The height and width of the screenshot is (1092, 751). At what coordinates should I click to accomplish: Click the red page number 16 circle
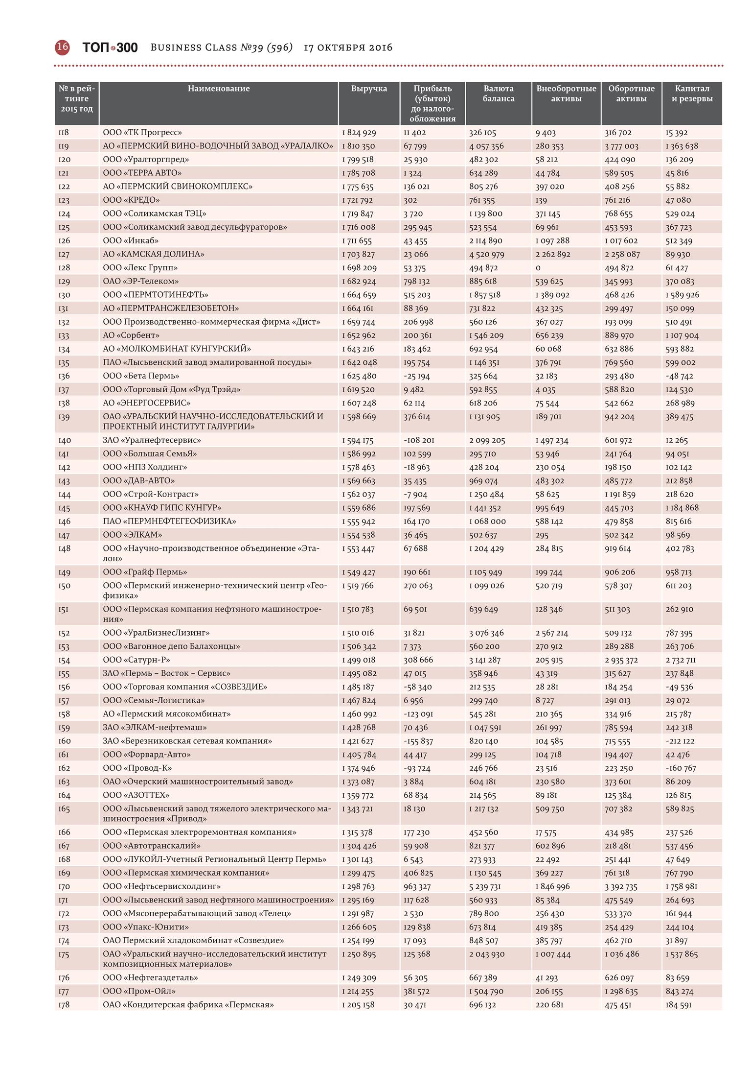click(62, 47)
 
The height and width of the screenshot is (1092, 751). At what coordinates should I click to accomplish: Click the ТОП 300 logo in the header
click(110, 47)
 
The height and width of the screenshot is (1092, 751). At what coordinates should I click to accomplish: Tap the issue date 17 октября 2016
click(348, 47)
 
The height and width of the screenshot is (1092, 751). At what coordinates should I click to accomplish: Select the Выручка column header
click(369, 89)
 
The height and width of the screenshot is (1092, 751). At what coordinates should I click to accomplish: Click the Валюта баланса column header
click(498, 94)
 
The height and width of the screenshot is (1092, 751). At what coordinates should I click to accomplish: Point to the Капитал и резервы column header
click(692, 94)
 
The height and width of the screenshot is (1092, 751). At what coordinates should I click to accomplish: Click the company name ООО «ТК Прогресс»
click(142, 132)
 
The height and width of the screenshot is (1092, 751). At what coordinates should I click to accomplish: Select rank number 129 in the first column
click(64, 282)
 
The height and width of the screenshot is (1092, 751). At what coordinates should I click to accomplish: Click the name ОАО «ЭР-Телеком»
click(141, 281)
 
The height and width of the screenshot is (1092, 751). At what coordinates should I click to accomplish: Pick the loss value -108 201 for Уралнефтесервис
click(419, 440)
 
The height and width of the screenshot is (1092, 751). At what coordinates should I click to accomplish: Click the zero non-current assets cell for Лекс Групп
click(538, 268)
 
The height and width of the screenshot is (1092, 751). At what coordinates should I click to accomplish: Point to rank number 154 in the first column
click(64, 660)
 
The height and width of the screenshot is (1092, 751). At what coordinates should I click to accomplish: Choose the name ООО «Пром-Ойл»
click(139, 991)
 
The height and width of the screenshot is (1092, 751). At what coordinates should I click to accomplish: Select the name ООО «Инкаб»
click(131, 240)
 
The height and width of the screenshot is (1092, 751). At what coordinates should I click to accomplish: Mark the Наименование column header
click(219, 89)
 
